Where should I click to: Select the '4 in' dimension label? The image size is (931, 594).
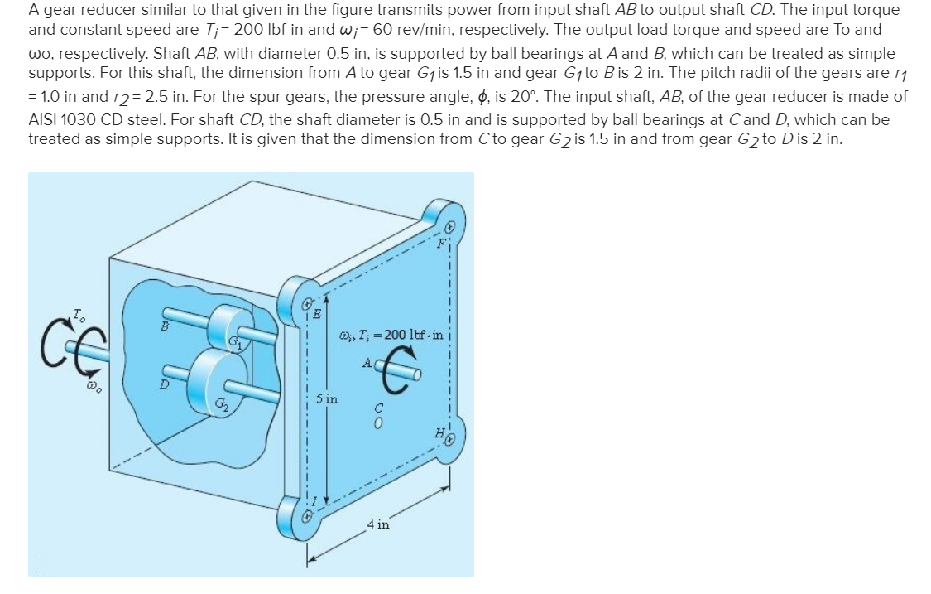click(x=378, y=524)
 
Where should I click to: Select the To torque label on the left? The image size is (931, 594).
click(x=77, y=313)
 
